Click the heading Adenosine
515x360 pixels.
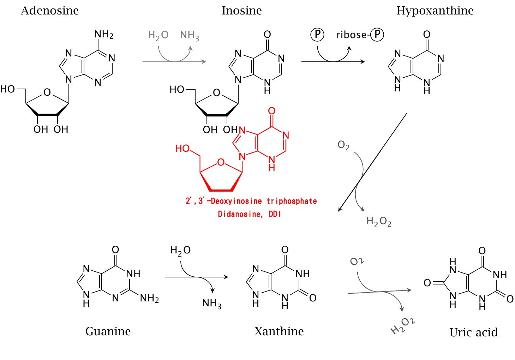coord(50,11)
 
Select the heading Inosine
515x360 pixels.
coord(241,11)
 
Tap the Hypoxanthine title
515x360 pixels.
coord(435,11)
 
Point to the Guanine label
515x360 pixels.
coord(108,331)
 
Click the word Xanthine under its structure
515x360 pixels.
coord(279,331)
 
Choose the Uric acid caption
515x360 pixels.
coord(473,332)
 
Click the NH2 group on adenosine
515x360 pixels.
coord(104,35)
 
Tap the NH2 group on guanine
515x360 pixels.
coord(149,299)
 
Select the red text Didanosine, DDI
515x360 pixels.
coord(249,214)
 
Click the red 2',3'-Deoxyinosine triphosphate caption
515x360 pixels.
coord(251,201)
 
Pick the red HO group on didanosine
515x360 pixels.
coord(182,149)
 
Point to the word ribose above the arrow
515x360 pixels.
coord(351,35)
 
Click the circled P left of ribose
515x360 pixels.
coord(317,35)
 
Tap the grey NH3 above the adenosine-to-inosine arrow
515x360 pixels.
coord(190,35)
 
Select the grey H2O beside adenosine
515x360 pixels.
coord(158,35)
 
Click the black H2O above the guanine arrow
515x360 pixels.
coord(180,251)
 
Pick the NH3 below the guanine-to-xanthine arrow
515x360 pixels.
coord(212,304)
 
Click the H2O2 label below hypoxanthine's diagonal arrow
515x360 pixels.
coord(379,222)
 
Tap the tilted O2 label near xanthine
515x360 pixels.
coord(357,262)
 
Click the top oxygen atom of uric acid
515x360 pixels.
coord(482,251)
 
